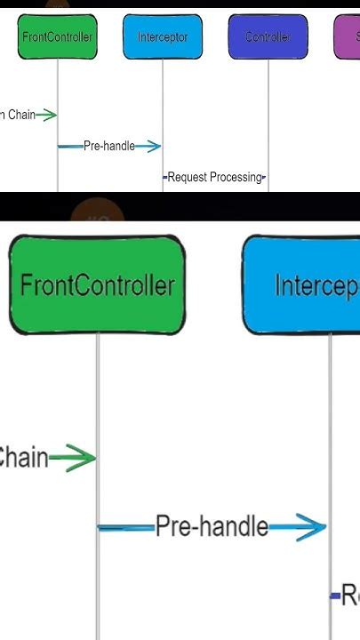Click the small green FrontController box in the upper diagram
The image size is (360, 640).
click(x=57, y=37)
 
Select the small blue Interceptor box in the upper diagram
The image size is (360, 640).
click(x=162, y=37)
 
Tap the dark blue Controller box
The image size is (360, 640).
click(x=267, y=37)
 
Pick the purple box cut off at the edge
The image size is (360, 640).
click(x=347, y=37)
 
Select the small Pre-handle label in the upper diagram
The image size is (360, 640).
click(x=108, y=146)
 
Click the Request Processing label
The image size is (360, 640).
click(x=216, y=177)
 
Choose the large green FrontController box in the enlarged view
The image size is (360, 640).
click(x=97, y=285)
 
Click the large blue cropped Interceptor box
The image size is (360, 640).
click(x=307, y=285)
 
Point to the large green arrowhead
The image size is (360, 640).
click(x=82, y=459)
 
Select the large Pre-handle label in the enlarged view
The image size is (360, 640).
click(x=212, y=527)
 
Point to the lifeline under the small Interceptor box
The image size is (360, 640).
click(x=163, y=98)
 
